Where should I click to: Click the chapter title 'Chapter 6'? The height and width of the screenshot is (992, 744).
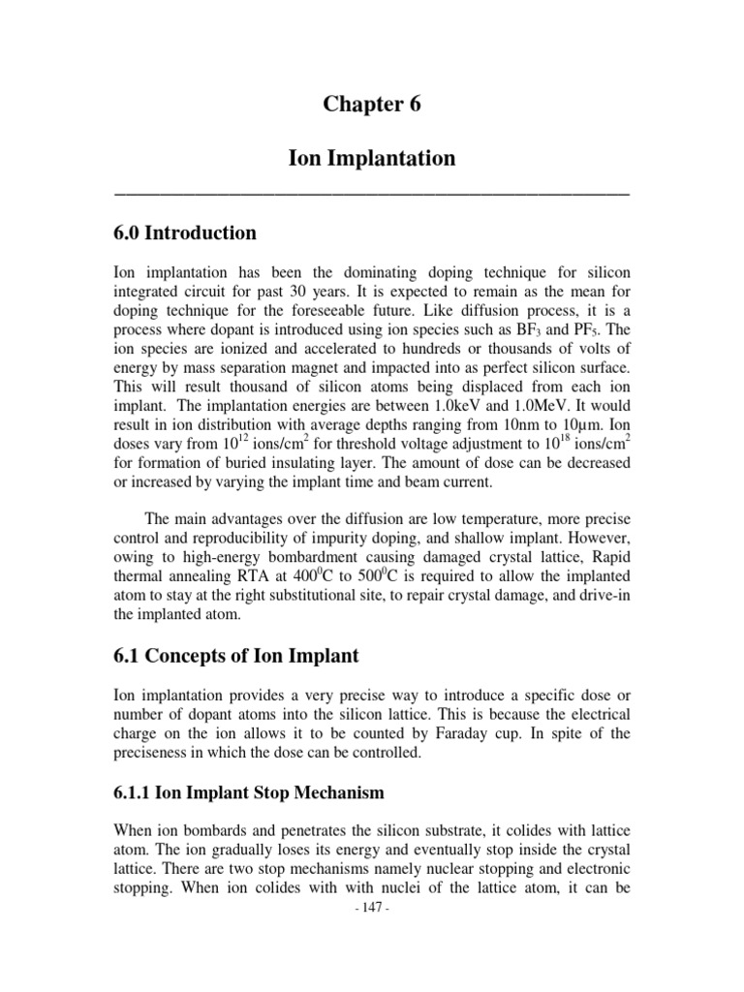pos(372,106)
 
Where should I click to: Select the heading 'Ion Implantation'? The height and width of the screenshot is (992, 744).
pos(372,158)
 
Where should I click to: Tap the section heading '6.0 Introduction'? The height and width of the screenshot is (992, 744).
pos(185,233)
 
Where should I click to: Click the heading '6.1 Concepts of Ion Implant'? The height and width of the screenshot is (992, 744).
pos(236,656)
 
